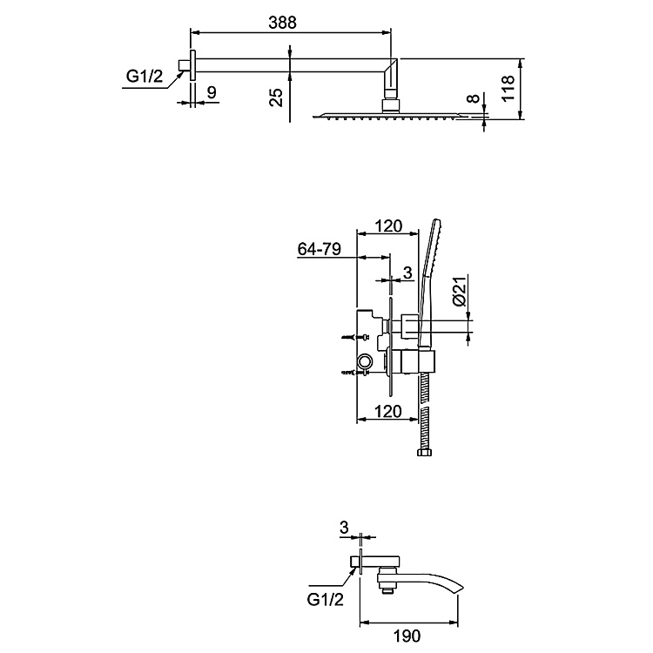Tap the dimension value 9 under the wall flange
(x=212, y=91)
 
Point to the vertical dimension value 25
(x=276, y=96)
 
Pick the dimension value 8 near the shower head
(x=472, y=99)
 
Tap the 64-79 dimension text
(x=319, y=249)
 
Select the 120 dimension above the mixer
(x=387, y=226)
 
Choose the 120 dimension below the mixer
(x=387, y=410)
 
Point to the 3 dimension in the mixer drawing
(x=407, y=273)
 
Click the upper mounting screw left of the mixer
(x=352, y=337)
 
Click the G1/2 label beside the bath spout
(x=325, y=599)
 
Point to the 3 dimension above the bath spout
(x=345, y=527)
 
